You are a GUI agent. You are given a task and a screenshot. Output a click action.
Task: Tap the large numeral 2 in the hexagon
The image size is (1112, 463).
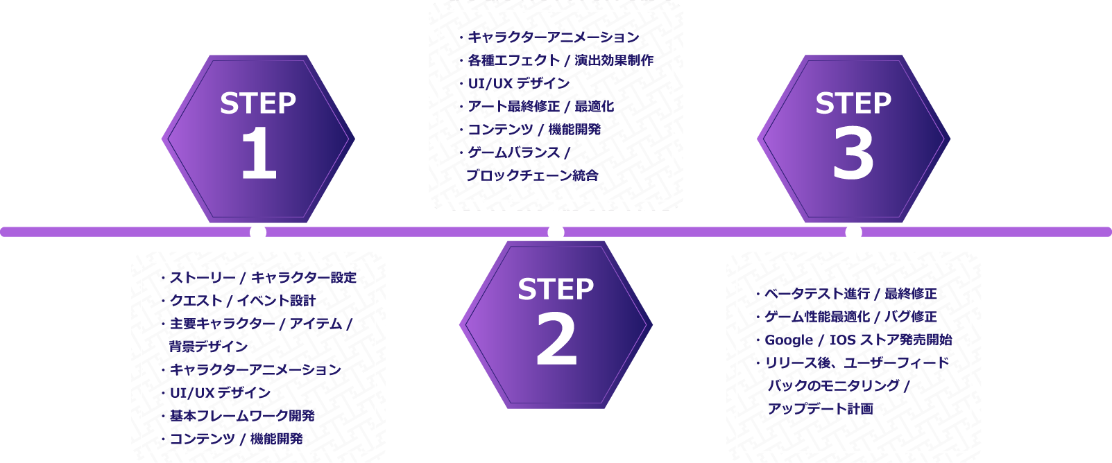556,340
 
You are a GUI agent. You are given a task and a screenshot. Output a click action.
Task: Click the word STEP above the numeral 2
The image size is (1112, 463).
556,289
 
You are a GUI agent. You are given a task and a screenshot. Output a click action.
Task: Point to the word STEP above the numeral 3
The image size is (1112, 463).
853,103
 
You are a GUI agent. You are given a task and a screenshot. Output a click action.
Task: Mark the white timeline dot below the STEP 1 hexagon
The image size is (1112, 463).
258,232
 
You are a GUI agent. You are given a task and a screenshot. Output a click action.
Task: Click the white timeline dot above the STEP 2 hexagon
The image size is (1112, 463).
556,232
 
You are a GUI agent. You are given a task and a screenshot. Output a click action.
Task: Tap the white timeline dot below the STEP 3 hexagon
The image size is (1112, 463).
853,232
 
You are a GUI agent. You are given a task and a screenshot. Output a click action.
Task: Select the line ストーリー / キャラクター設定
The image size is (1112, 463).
263,278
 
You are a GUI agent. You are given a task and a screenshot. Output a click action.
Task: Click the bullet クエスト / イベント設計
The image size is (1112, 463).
243,301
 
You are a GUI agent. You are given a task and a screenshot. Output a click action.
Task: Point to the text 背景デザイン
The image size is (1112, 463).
208,347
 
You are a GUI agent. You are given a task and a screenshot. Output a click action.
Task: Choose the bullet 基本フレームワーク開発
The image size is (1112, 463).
242,416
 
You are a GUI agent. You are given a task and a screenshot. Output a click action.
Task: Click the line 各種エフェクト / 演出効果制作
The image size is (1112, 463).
561,60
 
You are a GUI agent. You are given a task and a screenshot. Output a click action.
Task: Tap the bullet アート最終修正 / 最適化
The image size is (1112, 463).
540,107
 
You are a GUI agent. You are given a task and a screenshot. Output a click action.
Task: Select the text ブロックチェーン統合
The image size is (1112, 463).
532,175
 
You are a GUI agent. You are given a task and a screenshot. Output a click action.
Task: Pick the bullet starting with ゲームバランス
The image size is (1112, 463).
518,152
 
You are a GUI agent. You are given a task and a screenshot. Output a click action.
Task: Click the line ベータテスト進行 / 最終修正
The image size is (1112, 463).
850,294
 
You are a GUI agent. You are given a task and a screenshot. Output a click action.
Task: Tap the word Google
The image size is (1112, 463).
789,340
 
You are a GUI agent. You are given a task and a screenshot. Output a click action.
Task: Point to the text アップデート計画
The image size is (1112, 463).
820,409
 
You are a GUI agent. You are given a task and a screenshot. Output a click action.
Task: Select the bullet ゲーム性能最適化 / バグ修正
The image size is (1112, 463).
850,317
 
